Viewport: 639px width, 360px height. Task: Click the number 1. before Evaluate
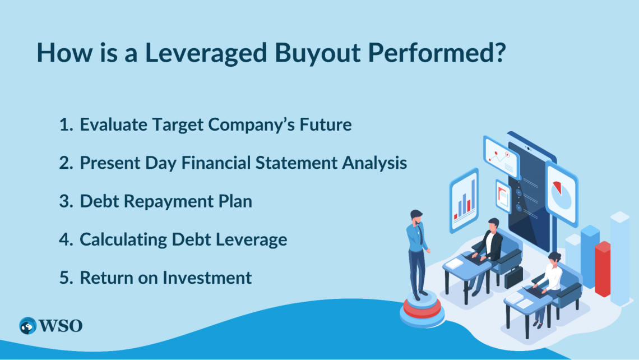point(66,124)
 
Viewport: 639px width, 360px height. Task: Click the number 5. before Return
point(66,277)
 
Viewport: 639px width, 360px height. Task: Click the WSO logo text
point(61,326)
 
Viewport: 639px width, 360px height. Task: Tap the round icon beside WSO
point(27,326)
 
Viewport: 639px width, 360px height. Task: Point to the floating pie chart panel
point(561,193)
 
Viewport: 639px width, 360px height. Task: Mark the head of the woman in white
point(554,259)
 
